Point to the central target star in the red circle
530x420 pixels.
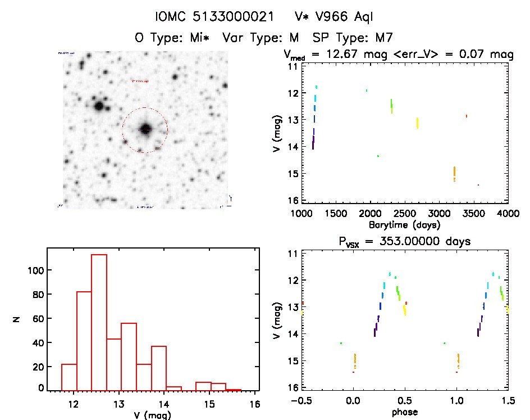click(x=145, y=129)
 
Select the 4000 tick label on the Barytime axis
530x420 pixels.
click(x=508, y=214)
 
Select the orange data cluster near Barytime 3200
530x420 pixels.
click(x=454, y=173)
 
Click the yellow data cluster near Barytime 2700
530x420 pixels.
click(x=417, y=123)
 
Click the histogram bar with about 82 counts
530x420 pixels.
click(x=84, y=340)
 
